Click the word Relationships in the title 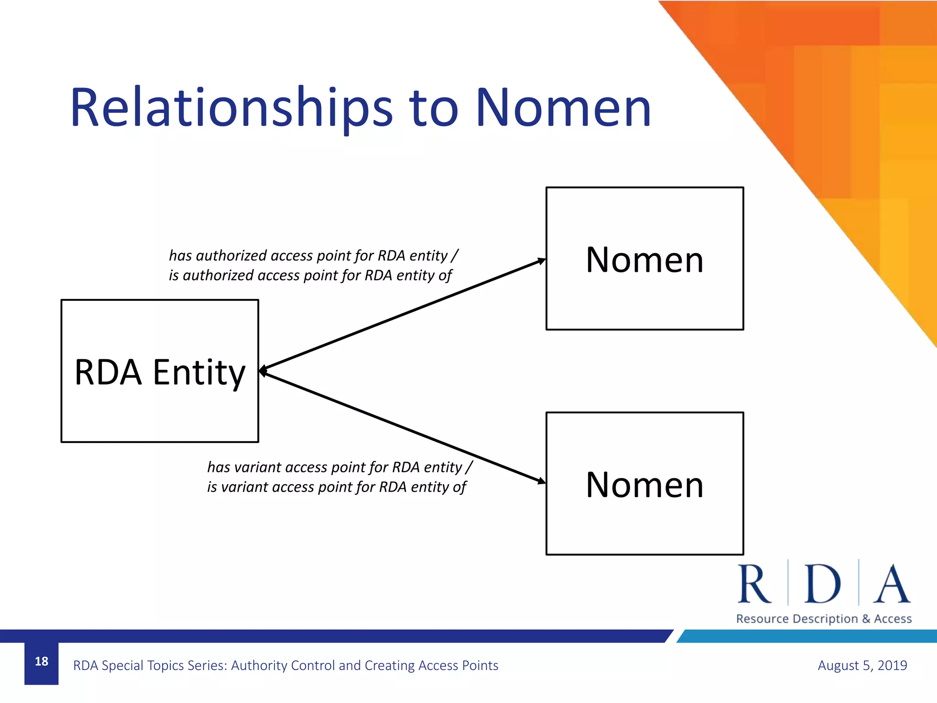tap(231, 109)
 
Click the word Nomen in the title tap(563, 109)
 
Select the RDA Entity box tap(160, 412)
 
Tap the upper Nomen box tap(644, 297)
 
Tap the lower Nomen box tap(644, 522)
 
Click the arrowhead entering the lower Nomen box tap(541, 481)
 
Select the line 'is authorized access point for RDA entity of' tap(310, 276)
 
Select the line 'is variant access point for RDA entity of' tap(336, 487)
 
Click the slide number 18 tap(41, 661)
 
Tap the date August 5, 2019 tap(862, 665)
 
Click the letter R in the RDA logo tap(754, 584)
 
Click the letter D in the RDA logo tap(822, 584)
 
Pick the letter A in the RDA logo tap(891, 584)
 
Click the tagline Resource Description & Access tap(824, 619)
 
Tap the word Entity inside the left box tap(199, 373)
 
